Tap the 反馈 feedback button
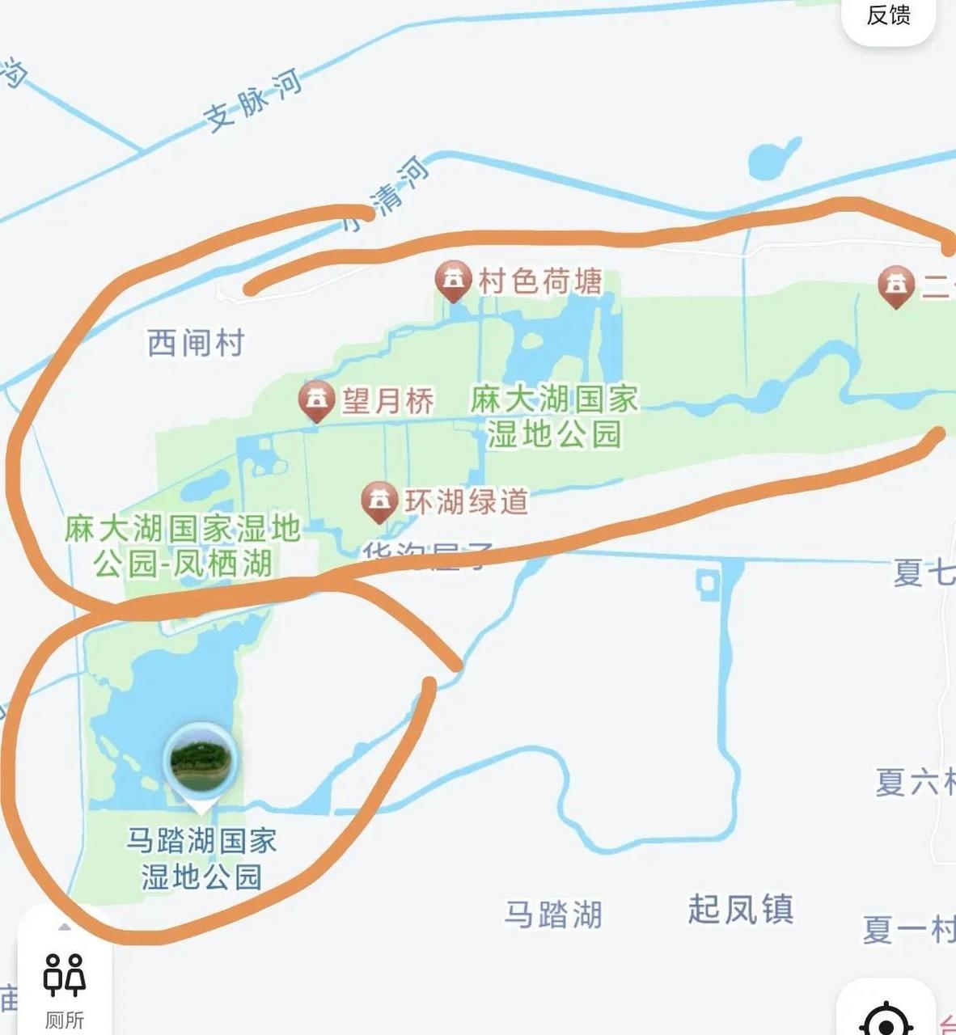pyautogui.click(x=888, y=15)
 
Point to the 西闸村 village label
pyautogui.click(x=196, y=343)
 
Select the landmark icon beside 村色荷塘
pyautogui.click(x=454, y=280)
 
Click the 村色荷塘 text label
pyautogui.click(x=540, y=281)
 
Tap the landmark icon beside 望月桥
pyautogui.click(x=317, y=399)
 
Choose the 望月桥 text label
pyautogui.click(x=387, y=401)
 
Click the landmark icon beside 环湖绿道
pyautogui.click(x=379, y=501)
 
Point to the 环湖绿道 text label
pyautogui.click(x=467, y=502)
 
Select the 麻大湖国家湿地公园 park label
pyautogui.click(x=554, y=416)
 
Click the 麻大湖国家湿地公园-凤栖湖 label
pyautogui.click(x=183, y=547)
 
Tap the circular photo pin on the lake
pyautogui.click(x=200, y=760)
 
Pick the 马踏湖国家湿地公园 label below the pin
pyautogui.click(x=201, y=859)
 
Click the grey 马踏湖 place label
pyautogui.click(x=553, y=915)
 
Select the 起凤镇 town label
pyautogui.click(x=740, y=909)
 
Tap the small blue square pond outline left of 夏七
pyautogui.click(x=708, y=582)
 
